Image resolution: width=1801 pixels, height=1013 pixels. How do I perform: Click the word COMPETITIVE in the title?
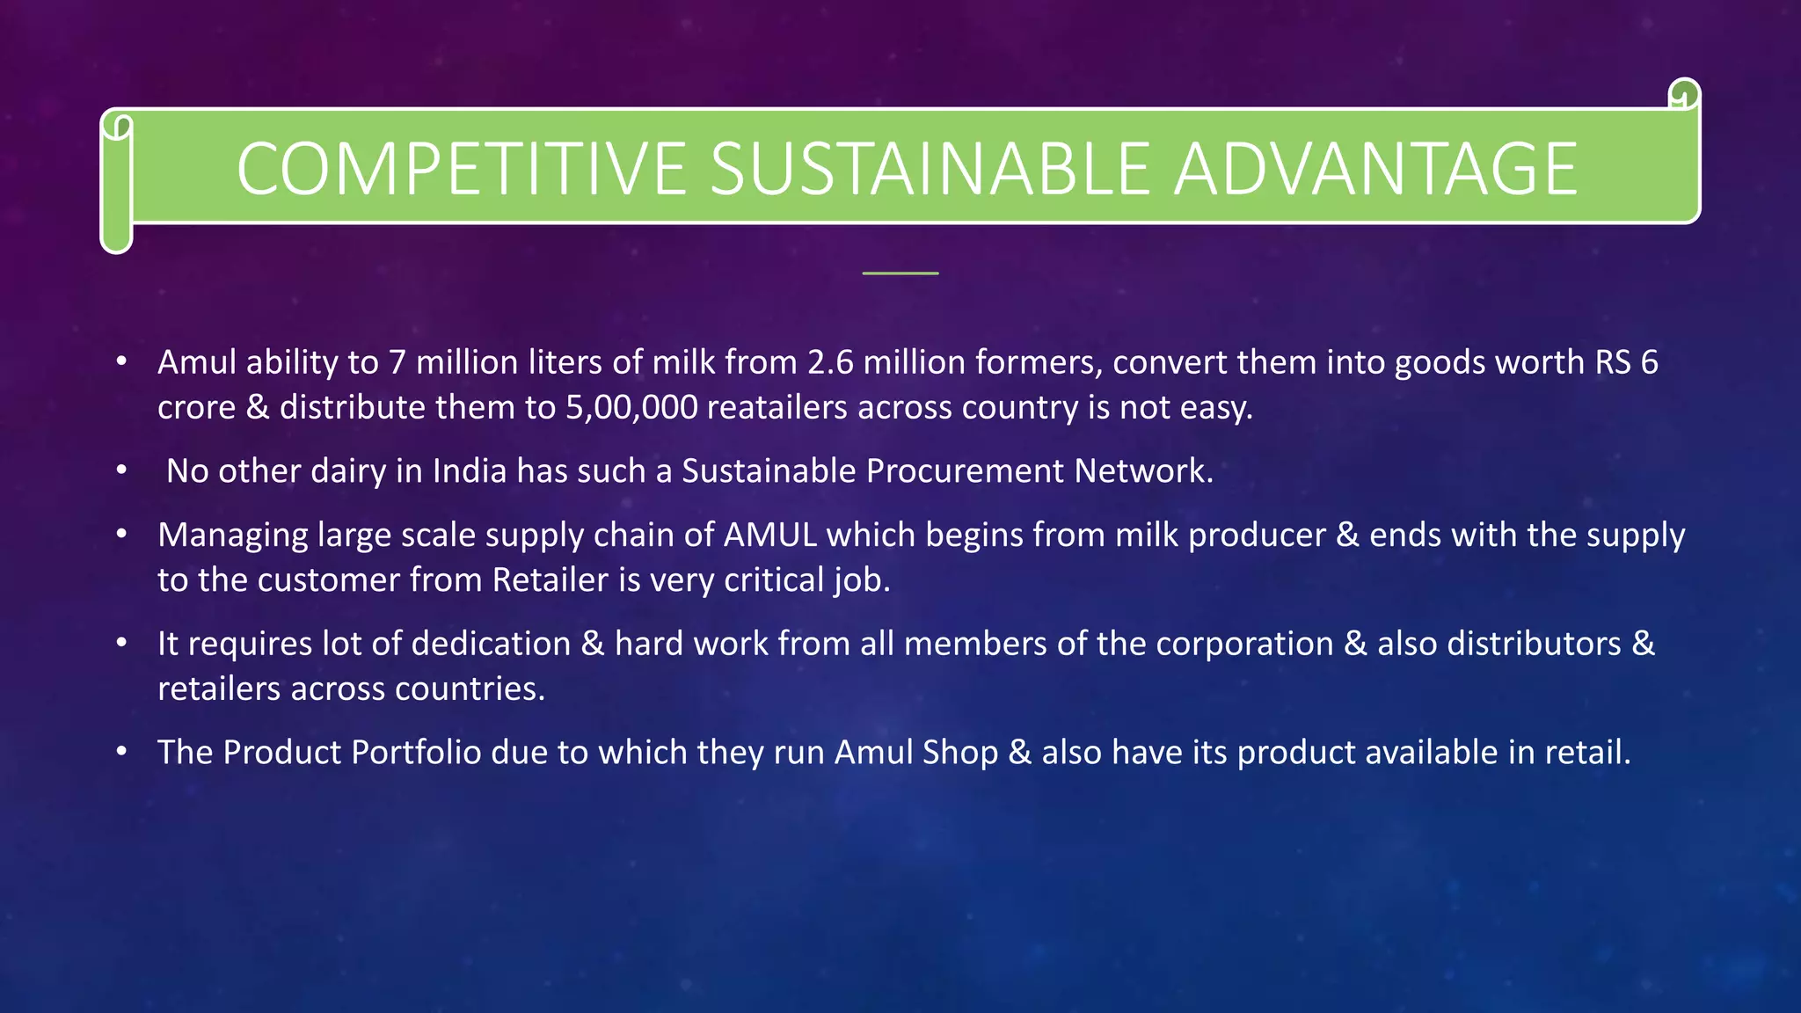pos(462,169)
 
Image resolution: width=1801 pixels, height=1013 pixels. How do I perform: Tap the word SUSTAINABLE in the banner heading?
pos(930,169)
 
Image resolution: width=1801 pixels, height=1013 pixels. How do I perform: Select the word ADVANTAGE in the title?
pos(1376,169)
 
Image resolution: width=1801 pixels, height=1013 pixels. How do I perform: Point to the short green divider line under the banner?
pos(900,273)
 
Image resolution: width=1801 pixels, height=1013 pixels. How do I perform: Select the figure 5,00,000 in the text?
pos(631,408)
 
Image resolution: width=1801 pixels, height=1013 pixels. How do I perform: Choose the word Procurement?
pos(965,471)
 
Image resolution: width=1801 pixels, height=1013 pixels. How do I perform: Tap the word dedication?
pos(491,644)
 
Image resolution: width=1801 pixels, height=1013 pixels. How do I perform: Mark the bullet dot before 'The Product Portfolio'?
pos(122,752)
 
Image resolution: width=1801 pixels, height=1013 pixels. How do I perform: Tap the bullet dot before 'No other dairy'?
pos(122,470)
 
